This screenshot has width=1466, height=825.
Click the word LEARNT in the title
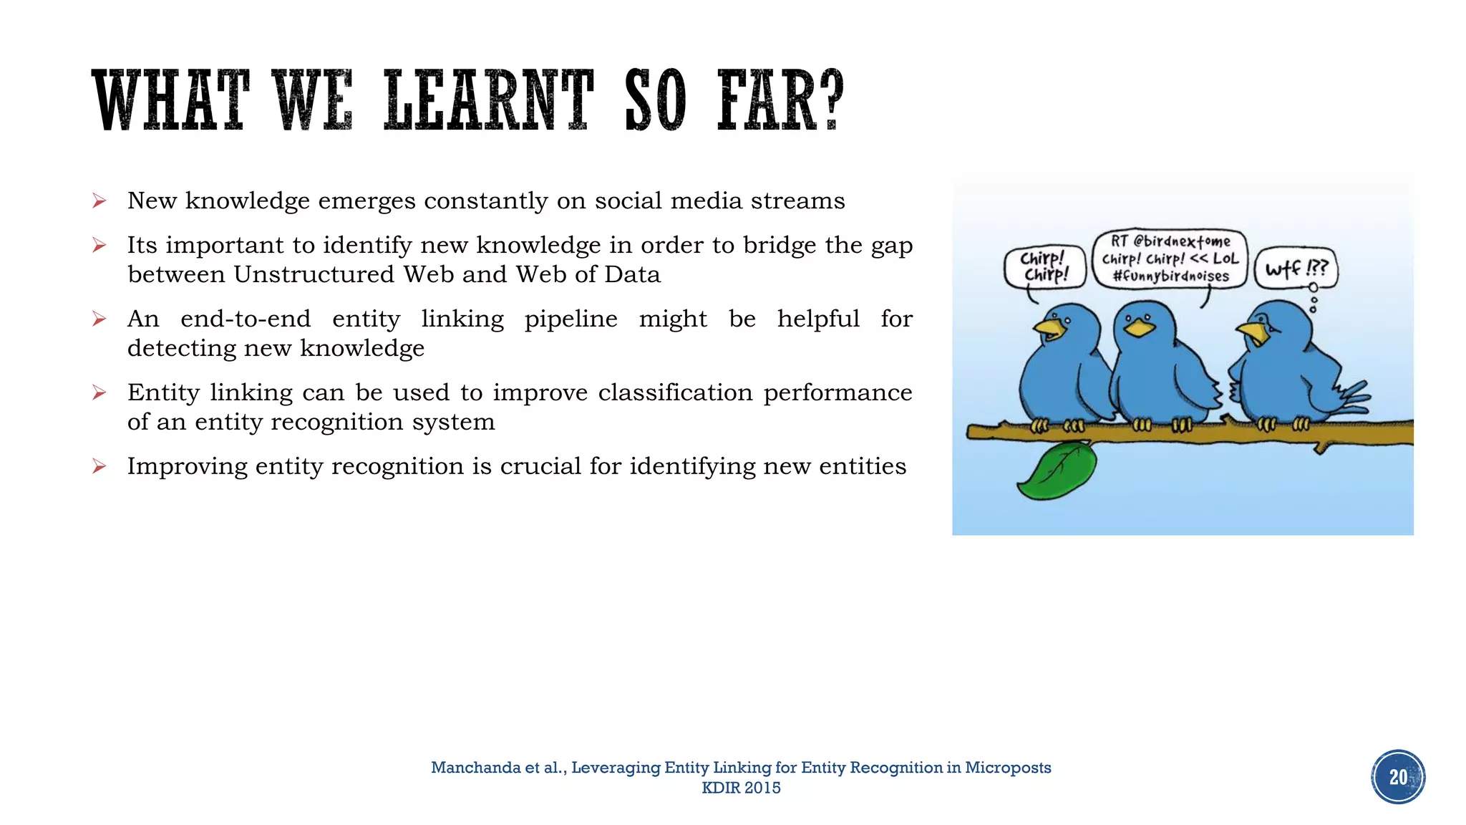489,100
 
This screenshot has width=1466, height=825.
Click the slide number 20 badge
1397,777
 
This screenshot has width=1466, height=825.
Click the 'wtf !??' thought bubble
1296,269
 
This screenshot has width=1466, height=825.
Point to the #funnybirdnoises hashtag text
1170,276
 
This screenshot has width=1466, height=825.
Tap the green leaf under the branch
1057,471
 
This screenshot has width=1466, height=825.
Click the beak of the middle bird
1139,328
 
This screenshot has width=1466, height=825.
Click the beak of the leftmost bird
1049,329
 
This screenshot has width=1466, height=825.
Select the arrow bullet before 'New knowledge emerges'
99,201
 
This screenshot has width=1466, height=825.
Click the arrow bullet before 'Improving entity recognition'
99,467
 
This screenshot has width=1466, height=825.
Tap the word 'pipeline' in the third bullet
571,319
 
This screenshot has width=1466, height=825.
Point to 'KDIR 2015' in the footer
741,788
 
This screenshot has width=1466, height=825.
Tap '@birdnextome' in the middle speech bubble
1182,241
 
